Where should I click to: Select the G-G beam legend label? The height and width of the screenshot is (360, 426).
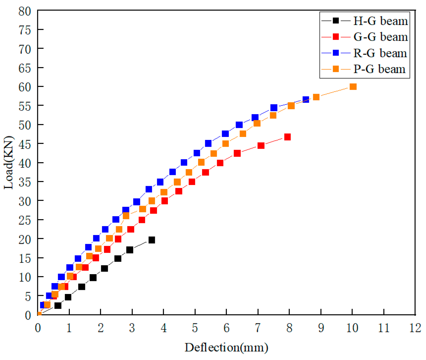pos(380,37)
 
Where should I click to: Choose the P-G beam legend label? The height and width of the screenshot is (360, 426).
pos(379,69)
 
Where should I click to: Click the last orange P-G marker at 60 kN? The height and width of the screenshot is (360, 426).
pos(353,87)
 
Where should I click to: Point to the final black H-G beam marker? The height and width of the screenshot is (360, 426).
pos(152,240)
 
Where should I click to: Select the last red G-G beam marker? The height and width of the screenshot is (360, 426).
pos(287,137)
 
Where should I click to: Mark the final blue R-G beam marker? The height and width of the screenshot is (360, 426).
pos(306,99)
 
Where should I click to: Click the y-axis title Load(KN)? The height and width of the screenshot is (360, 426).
pos(8,162)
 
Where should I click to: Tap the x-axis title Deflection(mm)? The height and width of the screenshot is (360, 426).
pos(226,348)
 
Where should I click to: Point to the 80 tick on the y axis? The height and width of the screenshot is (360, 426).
pos(25,11)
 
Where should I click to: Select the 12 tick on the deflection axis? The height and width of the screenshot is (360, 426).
pos(415,328)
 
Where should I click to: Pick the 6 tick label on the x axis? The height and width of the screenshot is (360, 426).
pos(226,328)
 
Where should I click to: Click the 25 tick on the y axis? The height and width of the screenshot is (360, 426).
pos(25,220)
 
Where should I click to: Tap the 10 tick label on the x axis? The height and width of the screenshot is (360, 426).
pos(352,328)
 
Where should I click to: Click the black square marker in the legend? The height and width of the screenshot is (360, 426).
pos(336,21)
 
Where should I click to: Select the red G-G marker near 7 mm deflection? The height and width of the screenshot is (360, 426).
pos(261,146)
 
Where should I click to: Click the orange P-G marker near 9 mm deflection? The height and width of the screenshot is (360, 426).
pos(316,97)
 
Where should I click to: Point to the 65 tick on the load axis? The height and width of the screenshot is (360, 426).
pos(25,68)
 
